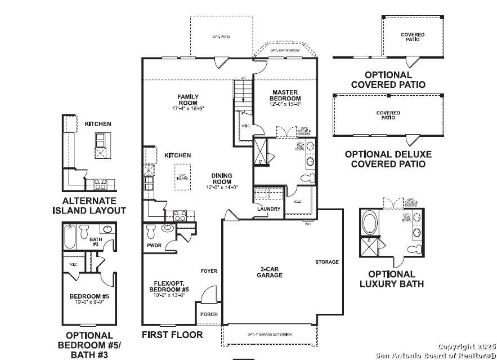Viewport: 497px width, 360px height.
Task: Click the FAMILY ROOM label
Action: [187, 100]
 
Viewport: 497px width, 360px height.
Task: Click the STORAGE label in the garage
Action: [327, 262]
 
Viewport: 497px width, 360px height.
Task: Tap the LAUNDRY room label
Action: [268, 209]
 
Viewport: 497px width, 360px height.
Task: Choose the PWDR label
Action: [154, 246]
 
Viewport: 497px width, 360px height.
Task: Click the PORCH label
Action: [209, 314]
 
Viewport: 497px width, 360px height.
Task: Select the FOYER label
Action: [209, 271]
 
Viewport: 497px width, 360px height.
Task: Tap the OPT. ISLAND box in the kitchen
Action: [182, 176]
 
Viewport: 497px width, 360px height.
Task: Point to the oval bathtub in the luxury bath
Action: [369, 223]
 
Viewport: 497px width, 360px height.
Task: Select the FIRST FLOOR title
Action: [172, 335]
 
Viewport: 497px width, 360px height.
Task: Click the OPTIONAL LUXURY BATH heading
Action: [391, 279]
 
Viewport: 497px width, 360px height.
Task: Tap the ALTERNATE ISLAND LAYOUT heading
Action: [89, 206]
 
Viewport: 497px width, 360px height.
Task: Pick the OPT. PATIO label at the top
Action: [221, 37]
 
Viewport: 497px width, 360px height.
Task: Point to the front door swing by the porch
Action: [208, 296]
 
